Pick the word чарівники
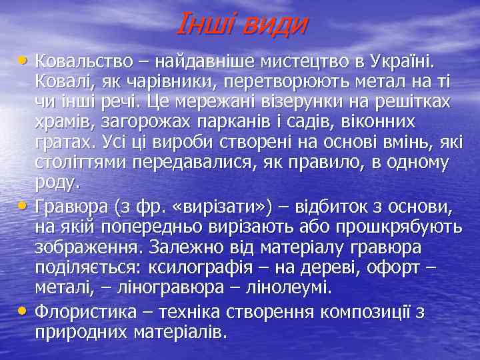pos(161,82)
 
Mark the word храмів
pos(63,123)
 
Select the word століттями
pos(81,163)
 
